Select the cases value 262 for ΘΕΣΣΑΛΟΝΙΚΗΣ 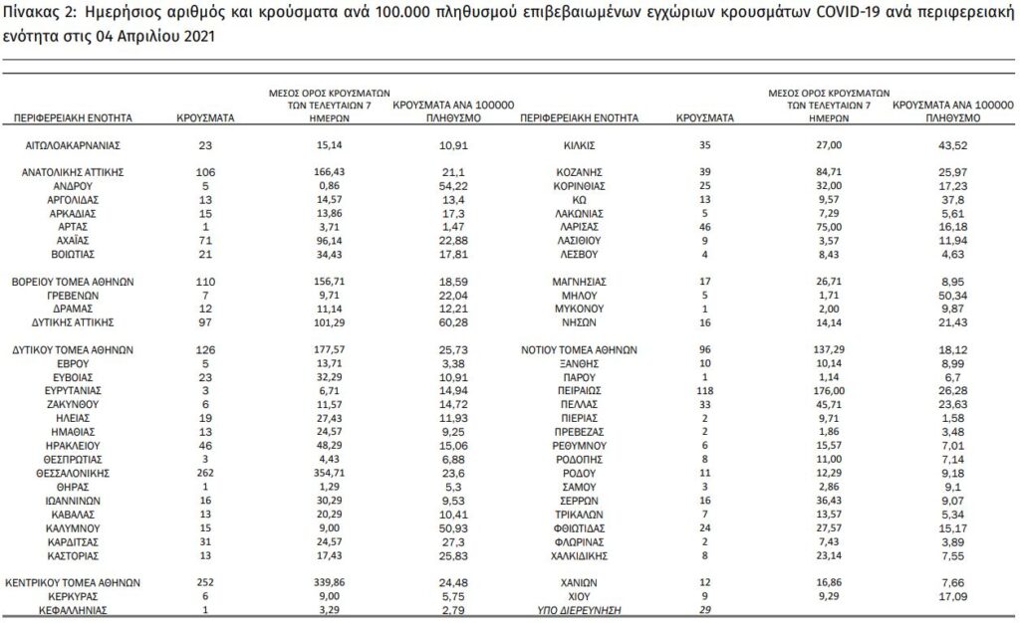206,474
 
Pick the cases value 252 206,583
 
